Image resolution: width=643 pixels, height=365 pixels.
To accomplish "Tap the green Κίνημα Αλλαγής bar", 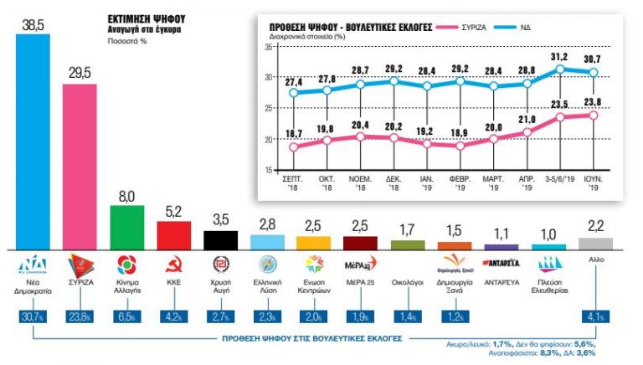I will [128, 227].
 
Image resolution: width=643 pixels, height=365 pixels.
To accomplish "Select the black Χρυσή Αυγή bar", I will [222, 239].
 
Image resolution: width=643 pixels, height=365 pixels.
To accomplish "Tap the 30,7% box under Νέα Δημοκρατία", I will [33, 317].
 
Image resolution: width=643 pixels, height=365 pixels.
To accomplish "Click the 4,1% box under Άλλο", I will [595, 317].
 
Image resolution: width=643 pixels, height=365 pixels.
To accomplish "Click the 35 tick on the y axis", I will [270, 47].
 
